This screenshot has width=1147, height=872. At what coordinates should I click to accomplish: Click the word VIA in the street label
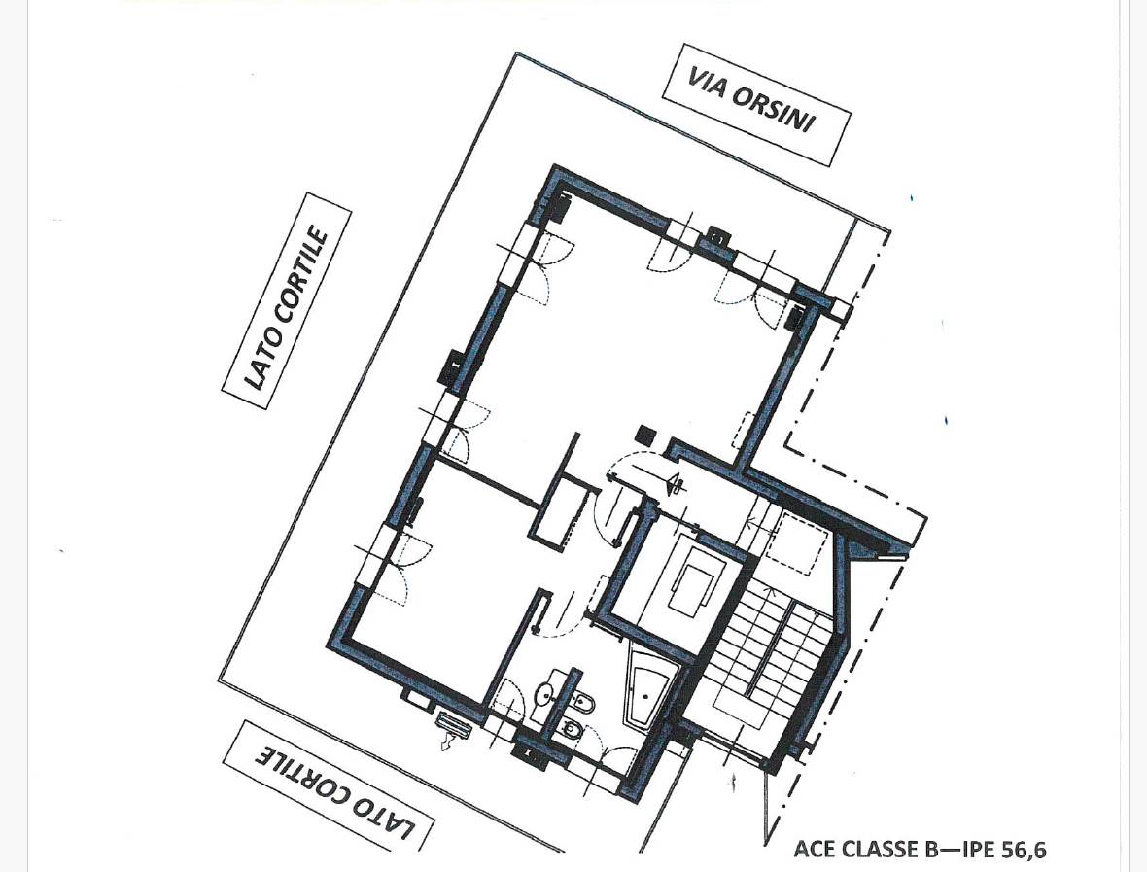click(705, 83)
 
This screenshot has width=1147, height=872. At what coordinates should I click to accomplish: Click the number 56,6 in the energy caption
click(1023, 849)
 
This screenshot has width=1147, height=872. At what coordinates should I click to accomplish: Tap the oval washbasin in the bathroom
click(546, 692)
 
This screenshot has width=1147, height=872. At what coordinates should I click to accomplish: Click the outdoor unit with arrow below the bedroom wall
click(454, 729)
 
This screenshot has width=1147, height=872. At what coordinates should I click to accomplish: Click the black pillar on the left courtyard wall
click(451, 365)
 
